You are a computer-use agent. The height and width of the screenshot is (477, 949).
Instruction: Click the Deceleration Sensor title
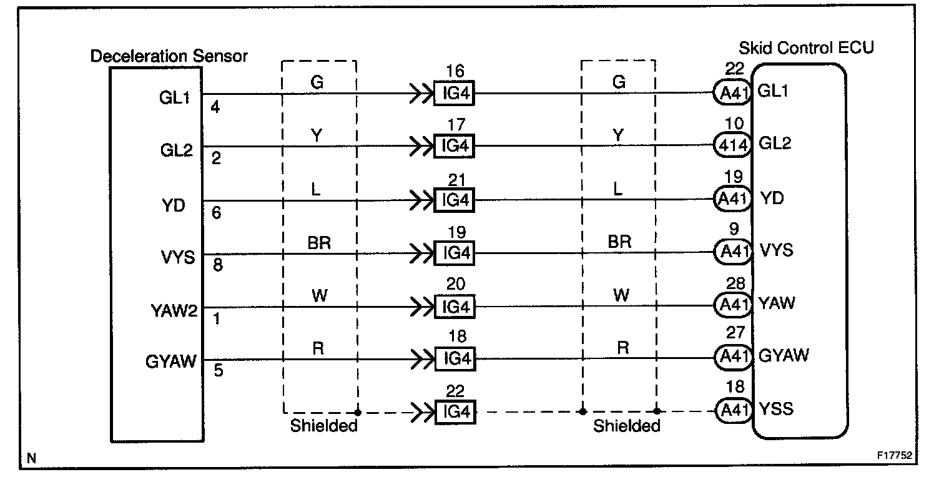tap(169, 56)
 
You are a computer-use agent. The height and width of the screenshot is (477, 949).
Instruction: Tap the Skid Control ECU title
tap(806, 48)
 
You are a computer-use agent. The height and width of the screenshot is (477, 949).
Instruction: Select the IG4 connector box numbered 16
tap(454, 94)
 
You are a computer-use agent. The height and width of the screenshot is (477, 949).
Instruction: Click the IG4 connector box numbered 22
tap(454, 412)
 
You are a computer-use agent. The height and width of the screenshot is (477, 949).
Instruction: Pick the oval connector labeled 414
tap(732, 146)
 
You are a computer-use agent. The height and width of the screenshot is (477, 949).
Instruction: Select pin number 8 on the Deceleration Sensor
tap(217, 265)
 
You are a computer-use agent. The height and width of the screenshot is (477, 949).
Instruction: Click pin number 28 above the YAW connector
tap(736, 284)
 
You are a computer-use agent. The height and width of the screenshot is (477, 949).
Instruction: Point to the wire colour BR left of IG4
tap(318, 243)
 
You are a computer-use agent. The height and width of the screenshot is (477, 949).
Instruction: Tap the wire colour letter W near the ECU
tap(621, 295)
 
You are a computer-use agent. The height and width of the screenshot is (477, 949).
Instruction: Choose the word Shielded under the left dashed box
tap(323, 426)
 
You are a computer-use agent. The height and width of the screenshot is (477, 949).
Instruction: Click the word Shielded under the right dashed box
tap(626, 426)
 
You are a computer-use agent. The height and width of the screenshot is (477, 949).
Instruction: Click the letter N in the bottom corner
tap(31, 459)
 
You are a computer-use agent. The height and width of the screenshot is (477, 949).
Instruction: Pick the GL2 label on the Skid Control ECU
tap(774, 144)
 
